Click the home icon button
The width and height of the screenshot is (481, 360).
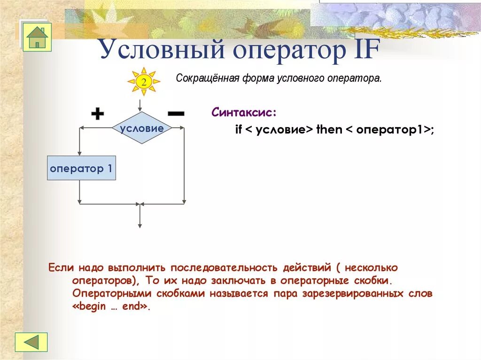37,37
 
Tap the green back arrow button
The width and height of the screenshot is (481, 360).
31,342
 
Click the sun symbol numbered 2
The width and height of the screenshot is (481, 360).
143,82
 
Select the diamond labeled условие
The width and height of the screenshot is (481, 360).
142,128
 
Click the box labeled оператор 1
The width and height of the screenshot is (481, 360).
81,169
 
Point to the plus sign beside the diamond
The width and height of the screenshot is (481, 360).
97,114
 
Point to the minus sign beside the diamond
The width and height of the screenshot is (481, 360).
176,113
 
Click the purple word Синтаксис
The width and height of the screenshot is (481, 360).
244,113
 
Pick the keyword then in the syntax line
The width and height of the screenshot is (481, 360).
329,130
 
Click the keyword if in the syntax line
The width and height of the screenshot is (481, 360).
238,130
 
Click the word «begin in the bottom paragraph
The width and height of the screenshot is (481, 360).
90,307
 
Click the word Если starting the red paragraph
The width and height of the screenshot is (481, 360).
61,268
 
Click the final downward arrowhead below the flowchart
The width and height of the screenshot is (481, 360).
140,225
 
